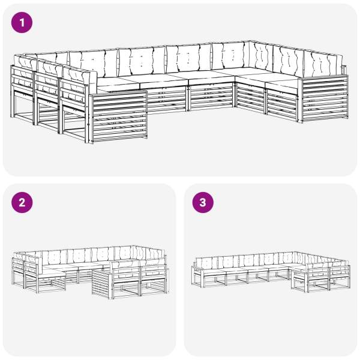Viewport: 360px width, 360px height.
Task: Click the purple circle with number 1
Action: point(22,23)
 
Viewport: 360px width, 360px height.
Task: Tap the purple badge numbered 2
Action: point(22,203)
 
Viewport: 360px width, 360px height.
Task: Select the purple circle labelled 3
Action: point(203,203)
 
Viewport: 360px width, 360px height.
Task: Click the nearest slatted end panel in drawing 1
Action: point(119,116)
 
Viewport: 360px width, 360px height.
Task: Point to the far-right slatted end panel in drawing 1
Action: point(324,99)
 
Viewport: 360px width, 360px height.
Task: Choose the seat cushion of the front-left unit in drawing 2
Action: point(52,272)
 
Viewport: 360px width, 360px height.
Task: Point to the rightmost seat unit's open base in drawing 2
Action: point(154,287)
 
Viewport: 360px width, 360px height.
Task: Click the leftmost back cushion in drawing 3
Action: point(205,263)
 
